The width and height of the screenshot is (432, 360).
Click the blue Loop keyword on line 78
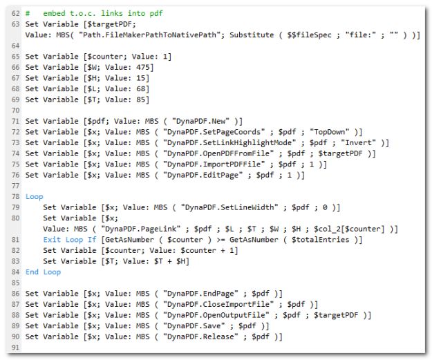click(34, 197)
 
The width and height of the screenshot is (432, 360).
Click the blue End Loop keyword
click(43, 272)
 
